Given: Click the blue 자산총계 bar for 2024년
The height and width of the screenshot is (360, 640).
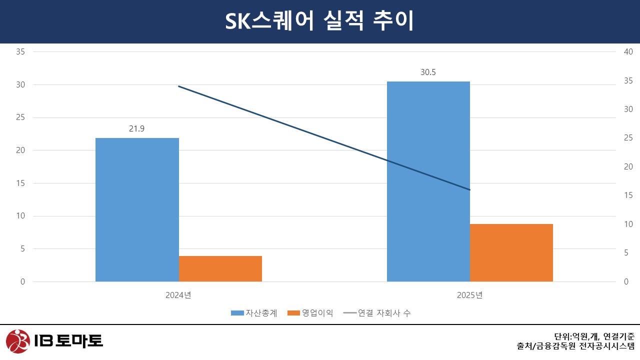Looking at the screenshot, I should click(137, 209).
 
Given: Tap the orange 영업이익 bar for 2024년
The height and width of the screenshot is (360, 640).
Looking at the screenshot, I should click(220, 268).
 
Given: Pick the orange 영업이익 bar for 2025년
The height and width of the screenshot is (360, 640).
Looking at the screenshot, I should click(511, 252).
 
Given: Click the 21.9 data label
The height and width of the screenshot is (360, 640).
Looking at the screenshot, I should click(137, 129).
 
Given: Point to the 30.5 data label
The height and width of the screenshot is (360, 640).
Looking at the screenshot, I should click(428, 72).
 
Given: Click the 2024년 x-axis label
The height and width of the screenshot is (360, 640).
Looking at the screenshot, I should click(178, 295).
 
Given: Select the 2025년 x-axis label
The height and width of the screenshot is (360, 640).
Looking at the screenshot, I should click(469, 295).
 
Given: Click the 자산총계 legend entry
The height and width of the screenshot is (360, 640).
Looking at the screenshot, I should click(254, 313).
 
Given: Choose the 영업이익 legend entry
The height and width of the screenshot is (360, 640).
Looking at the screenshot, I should click(311, 313).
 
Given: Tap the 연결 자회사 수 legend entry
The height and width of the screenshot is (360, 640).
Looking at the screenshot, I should click(378, 313).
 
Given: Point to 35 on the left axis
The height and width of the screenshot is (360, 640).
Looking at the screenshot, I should click(20, 51).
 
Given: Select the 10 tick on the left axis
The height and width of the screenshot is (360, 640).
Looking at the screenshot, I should click(20, 216).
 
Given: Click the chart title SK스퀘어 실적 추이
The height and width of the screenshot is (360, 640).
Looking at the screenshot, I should click(319, 21).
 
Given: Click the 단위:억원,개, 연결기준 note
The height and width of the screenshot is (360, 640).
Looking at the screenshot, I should click(594, 336).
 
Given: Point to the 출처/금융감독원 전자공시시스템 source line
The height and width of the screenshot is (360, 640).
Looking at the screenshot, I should click(575, 345).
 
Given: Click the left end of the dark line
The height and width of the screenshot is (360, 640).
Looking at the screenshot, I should click(179, 86).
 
